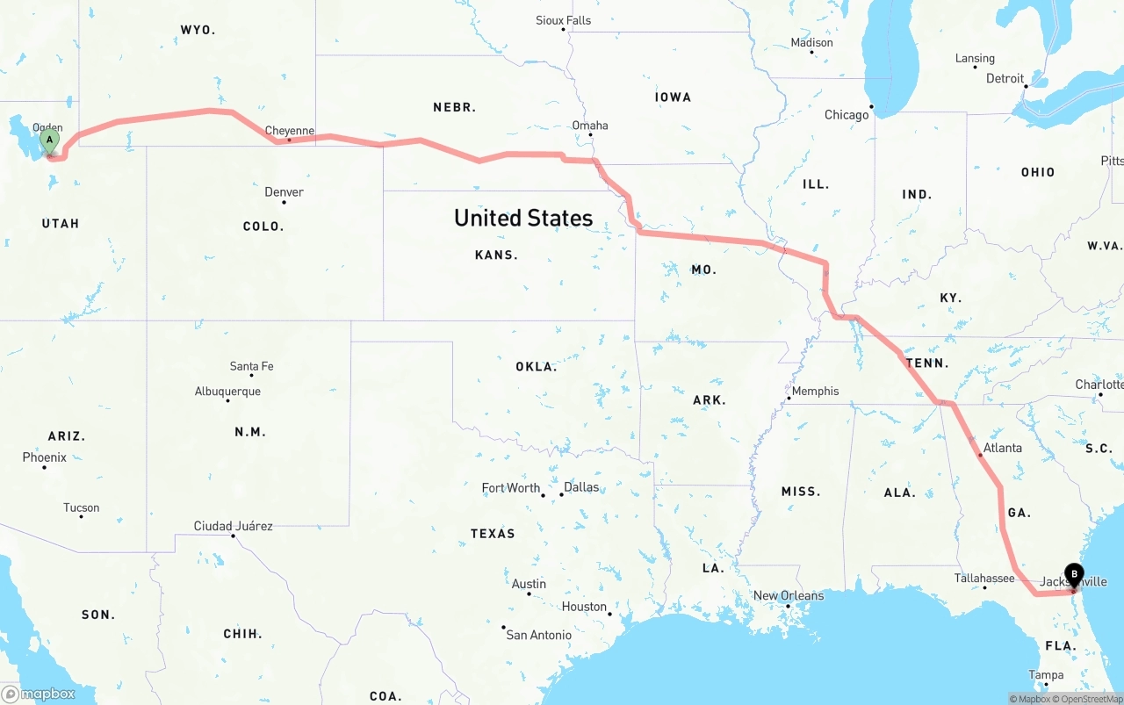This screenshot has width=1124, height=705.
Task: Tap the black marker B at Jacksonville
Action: (x=1074, y=575)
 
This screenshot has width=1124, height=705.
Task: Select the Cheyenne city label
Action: (x=290, y=131)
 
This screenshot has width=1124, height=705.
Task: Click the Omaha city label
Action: (x=590, y=126)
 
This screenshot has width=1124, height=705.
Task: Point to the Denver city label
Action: (x=284, y=192)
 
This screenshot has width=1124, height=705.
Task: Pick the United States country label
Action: (x=523, y=218)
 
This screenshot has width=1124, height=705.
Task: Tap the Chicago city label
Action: (x=847, y=115)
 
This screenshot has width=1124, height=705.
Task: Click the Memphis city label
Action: (x=815, y=392)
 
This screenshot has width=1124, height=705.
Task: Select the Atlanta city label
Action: (x=1002, y=448)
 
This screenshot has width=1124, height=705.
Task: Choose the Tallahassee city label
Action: (x=984, y=579)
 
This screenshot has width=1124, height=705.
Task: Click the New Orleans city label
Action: (x=789, y=596)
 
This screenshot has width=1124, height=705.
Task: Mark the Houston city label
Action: (x=584, y=607)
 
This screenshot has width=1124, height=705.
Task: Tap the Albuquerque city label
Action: (x=227, y=392)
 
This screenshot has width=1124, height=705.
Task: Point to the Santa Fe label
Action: (x=251, y=366)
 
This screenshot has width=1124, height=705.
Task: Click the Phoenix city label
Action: (x=45, y=457)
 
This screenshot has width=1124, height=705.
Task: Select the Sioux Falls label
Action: (x=563, y=20)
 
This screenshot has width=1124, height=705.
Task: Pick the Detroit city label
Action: (x=1005, y=78)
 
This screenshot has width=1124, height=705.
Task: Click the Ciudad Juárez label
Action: (x=233, y=527)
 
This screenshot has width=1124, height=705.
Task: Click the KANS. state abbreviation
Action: (x=496, y=255)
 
